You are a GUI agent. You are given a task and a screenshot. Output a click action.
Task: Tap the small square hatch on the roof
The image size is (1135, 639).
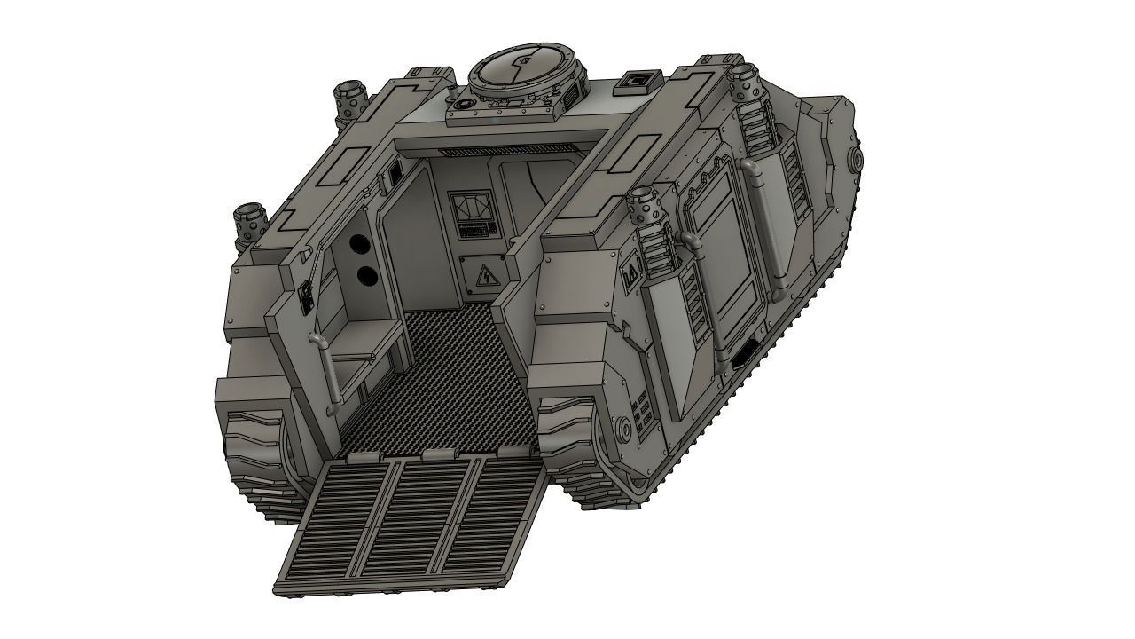tap(638, 82)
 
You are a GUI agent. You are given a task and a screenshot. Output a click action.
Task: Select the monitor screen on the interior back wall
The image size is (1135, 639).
tap(469, 209)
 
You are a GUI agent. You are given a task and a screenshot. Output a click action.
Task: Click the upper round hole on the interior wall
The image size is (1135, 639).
tap(358, 244)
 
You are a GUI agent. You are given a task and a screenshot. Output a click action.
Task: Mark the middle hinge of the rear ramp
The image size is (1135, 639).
tap(432, 454)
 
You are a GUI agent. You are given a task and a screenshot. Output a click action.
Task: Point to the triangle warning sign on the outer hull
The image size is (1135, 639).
tap(632, 276)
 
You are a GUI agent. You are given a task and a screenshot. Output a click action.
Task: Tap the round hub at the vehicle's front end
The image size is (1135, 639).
tap(857, 161)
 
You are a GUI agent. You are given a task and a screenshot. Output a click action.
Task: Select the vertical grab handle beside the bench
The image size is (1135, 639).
tap(330, 373)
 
